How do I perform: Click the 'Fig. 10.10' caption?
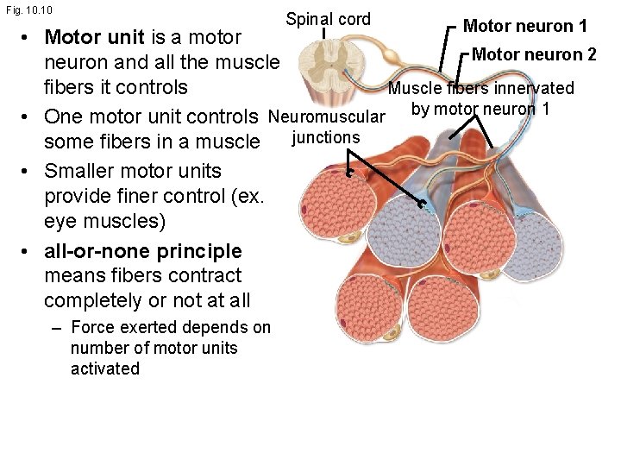(28, 9)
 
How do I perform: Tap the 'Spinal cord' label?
(328, 19)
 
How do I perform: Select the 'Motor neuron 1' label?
(525, 26)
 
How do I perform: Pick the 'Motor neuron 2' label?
(534, 54)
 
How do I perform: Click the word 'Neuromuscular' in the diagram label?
(326, 116)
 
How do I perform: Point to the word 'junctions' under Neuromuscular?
(325, 137)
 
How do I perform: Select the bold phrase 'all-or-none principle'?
(142, 251)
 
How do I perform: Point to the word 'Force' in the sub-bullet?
(92, 327)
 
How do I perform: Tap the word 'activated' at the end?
(104, 368)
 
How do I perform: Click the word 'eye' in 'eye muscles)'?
(60, 221)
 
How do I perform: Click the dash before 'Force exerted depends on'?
(57, 327)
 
